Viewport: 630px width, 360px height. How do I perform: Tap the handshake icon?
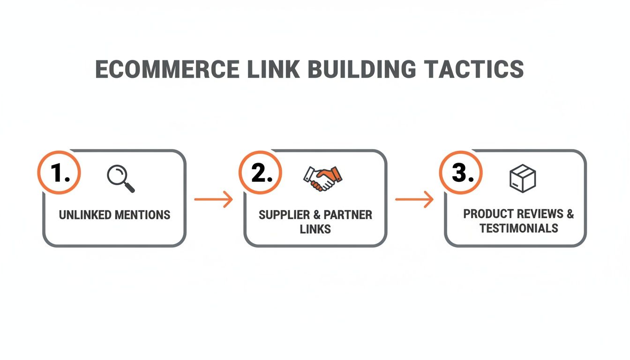[322, 178]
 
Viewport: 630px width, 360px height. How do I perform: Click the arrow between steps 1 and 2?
[214, 200]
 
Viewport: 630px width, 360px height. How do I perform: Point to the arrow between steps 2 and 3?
[414, 200]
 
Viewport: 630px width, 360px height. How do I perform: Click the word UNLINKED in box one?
[85, 215]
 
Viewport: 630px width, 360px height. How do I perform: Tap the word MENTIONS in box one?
[142, 215]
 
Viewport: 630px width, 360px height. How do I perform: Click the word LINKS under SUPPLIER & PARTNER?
[315, 229]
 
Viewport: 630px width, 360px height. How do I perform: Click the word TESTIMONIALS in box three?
[519, 228]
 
